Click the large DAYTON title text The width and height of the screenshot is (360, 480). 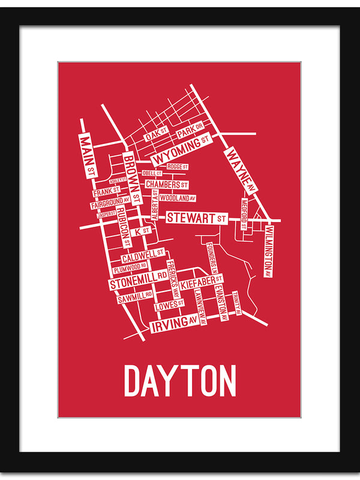[x=180, y=380]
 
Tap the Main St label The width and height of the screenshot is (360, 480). [x=88, y=155]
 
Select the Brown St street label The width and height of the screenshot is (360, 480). [x=132, y=178]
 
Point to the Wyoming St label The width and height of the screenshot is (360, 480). [x=182, y=150]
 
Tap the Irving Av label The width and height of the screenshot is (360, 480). [x=174, y=325]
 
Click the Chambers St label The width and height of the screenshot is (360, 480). [x=167, y=185]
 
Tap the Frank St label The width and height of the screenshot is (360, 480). [x=106, y=192]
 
